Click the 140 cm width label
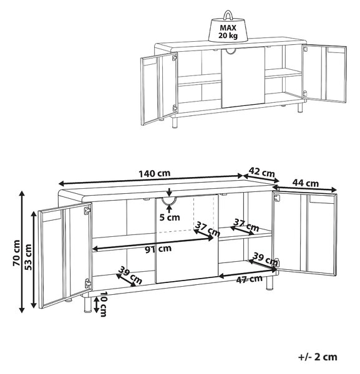(155, 173)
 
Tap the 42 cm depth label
(261, 172)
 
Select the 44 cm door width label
(306, 183)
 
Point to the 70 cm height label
(16, 253)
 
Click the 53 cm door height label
(28, 257)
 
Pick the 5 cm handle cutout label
(170, 218)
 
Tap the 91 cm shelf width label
(158, 249)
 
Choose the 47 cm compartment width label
(249, 279)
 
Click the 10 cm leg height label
(103, 304)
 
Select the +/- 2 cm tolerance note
(318, 357)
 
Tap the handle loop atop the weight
(228, 14)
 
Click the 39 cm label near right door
(266, 259)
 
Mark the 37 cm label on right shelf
(246, 225)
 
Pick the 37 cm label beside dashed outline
(207, 229)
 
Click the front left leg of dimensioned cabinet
(87, 304)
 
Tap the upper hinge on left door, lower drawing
(87, 211)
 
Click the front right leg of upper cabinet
(300, 107)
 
